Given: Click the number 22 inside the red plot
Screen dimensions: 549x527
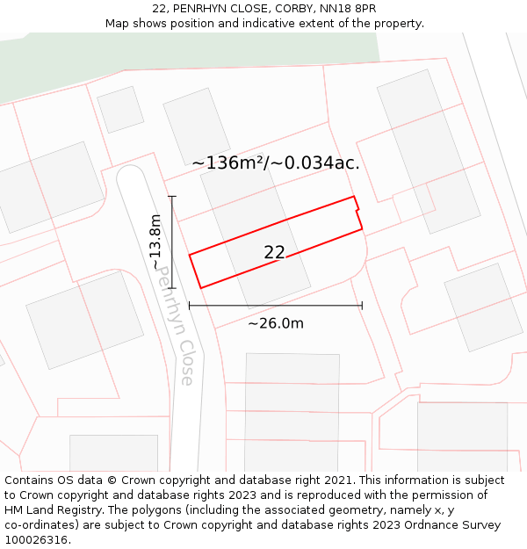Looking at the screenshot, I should click(274, 252).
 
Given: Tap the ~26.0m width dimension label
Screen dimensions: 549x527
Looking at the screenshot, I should click(276, 323).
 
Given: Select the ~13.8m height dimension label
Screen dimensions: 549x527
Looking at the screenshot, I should click(156, 242).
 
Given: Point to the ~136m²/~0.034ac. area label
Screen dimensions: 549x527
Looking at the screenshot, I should click(276, 163).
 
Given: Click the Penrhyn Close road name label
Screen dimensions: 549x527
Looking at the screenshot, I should click(175, 326).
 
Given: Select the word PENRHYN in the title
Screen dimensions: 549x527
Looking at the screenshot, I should click(202, 9).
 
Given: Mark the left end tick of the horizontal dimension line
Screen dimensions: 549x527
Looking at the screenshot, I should click(190, 306).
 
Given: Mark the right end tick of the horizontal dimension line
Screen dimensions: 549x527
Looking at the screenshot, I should click(362, 306).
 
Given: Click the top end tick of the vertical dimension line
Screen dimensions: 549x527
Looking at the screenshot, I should click(172, 196).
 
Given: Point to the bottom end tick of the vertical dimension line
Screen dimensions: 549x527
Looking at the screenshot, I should click(172, 288).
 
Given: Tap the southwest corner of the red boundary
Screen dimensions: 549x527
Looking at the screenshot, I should click(201, 287).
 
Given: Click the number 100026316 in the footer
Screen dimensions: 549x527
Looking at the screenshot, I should click(38, 540).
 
